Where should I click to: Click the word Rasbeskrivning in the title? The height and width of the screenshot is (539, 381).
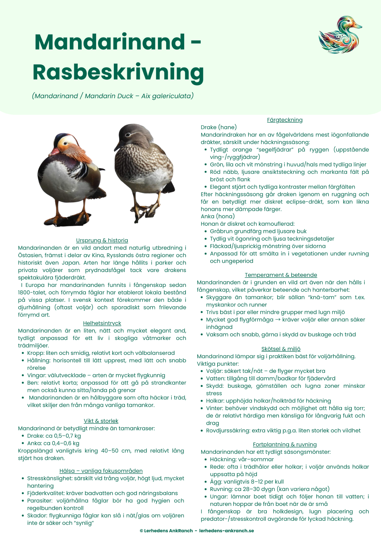click(x=118, y=72)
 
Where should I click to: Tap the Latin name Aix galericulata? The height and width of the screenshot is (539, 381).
click(x=166, y=96)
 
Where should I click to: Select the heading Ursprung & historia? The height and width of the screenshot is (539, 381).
click(x=102, y=240)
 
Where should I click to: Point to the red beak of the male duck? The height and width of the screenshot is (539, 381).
click(x=54, y=152)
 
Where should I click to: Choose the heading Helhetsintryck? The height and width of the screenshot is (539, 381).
click(x=102, y=323)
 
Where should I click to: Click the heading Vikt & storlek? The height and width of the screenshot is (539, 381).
click(x=101, y=421)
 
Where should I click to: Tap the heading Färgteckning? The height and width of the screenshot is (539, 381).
click(x=285, y=120)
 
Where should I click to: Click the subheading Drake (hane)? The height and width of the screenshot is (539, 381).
click(x=219, y=127)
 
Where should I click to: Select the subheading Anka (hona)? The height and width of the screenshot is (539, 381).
click(x=218, y=216)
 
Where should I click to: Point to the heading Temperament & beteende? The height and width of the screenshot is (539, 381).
click(x=281, y=275)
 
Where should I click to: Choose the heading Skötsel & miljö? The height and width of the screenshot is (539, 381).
click(x=281, y=349)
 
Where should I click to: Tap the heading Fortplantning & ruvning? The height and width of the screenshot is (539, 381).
click(x=285, y=444)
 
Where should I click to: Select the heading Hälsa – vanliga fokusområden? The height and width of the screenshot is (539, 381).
click(x=101, y=471)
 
